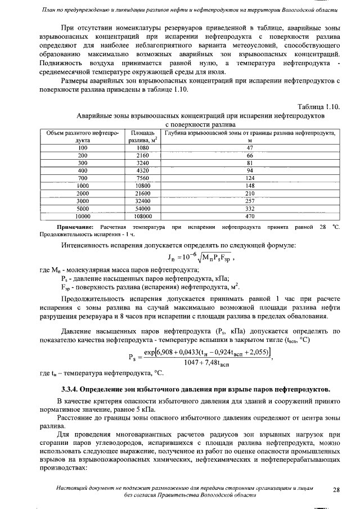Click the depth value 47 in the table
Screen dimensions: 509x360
click(x=250, y=147)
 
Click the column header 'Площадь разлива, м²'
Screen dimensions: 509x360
click(x=142, y=136)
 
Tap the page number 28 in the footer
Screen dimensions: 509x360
click(x=336, y=490)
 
